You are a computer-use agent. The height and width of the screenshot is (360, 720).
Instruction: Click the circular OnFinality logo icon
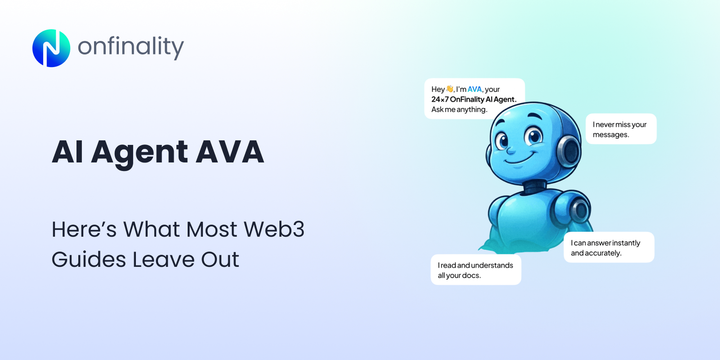pos(50,48)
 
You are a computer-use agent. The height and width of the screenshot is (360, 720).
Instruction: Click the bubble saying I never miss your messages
pos(621,129)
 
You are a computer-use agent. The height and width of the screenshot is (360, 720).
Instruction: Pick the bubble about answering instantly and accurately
pos(609,247)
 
